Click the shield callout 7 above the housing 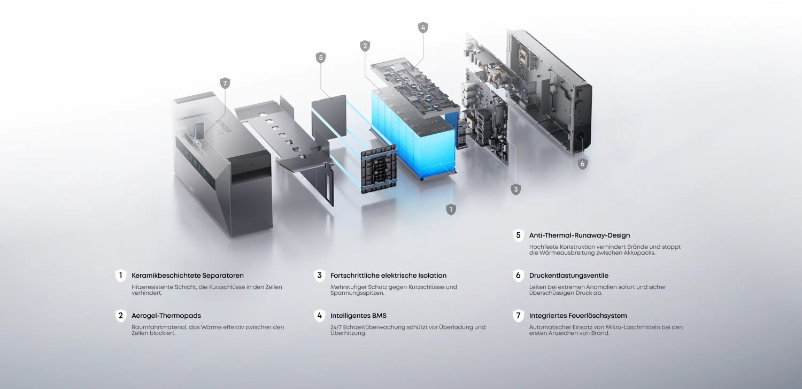(x=225, y=83)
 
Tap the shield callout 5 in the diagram (x=320, y=58)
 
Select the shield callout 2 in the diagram (x=365, y=46)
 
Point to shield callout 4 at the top (x=423, y=27)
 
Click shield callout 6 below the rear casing (x=583, y=164)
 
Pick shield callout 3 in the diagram (x=515, y=189)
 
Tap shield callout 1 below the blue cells (x=451, y=209)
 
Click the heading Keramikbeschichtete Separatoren (x=188, y=276)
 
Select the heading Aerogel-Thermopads (x=166, y=316)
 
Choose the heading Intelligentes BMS (x=358, y=316)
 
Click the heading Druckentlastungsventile (x=568, y=276)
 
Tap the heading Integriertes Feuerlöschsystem (x=578, y=316)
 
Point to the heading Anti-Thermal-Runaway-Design (x=579, y=235)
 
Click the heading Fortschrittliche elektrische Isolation (x=389, y=276)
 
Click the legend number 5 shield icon (x=518, y=235)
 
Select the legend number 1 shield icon (x=121, y=276)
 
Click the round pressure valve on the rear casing (x=580, y=136)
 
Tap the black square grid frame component (x=379, y=170)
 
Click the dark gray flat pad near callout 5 (x=329, y=117)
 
